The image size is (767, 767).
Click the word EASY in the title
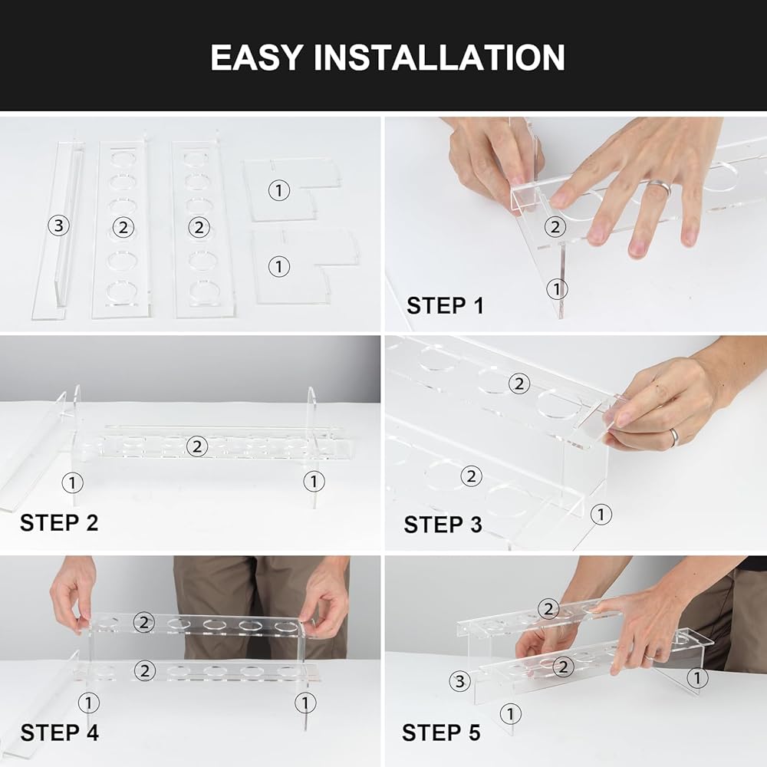pos(257,58)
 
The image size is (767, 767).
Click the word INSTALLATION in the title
pos(439,58)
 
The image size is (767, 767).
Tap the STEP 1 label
pos(445,306)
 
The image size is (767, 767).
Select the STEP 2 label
pos(59,522)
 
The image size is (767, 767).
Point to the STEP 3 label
pos(443,525)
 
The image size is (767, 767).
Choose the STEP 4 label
pos(60,732)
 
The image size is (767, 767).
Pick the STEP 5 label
pos(441,732)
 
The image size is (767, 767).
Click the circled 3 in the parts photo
pos(59,225)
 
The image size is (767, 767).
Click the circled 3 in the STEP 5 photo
pos(459,681)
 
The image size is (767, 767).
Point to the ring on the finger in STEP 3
pos(674,437)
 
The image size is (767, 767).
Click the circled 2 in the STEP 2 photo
pos(197,446)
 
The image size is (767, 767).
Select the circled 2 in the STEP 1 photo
pos(555,226)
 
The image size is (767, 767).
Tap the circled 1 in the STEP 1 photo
pos(557,288)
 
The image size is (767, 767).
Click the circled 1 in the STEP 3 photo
pos(601,514)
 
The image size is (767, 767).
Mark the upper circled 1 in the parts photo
pos(279,190)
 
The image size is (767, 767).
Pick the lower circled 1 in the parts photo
pos(279,267)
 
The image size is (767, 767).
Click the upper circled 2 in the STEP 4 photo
pos(144,622)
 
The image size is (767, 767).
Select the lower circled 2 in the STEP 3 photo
pos(471,476)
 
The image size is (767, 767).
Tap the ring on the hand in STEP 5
pos(650,656)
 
